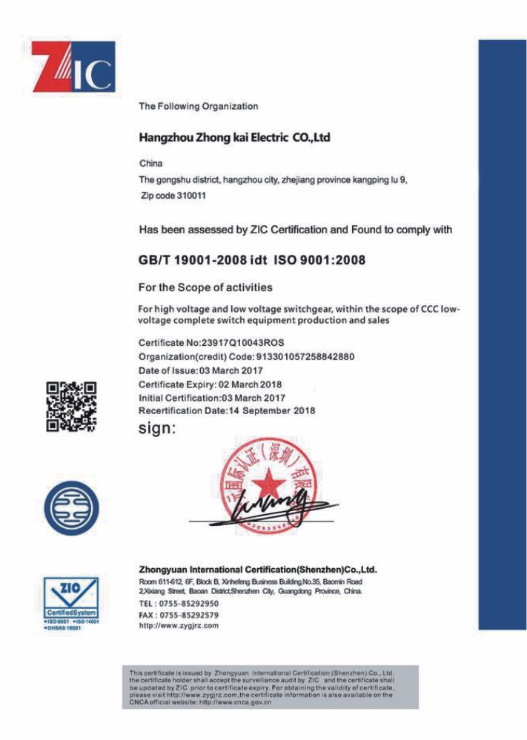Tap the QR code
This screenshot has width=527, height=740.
71,405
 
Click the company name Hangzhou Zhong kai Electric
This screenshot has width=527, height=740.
234,138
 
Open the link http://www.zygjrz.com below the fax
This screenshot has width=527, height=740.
179,626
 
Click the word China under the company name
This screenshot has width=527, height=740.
150,163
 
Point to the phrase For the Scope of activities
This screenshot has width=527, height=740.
205,287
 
